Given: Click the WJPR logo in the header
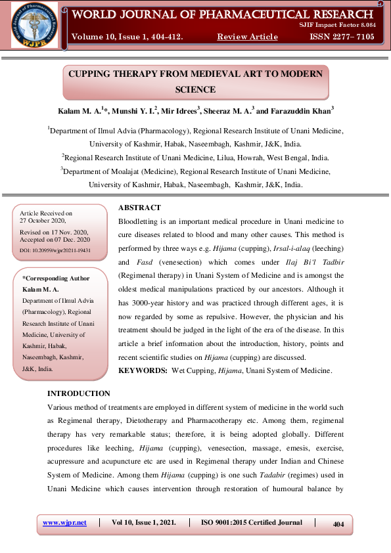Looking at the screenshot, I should point(34,26).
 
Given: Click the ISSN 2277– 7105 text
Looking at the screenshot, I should point(342,37).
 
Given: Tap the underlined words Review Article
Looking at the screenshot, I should point(247,37).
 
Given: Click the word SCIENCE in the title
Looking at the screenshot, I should point(195,89).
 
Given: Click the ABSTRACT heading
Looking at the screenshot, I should point(139,208).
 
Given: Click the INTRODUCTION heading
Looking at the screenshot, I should point(79,393).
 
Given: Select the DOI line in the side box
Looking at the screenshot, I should point(55,250).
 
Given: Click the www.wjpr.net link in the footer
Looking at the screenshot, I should point(64,523).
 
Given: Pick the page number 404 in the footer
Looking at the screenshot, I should point(339,524).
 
